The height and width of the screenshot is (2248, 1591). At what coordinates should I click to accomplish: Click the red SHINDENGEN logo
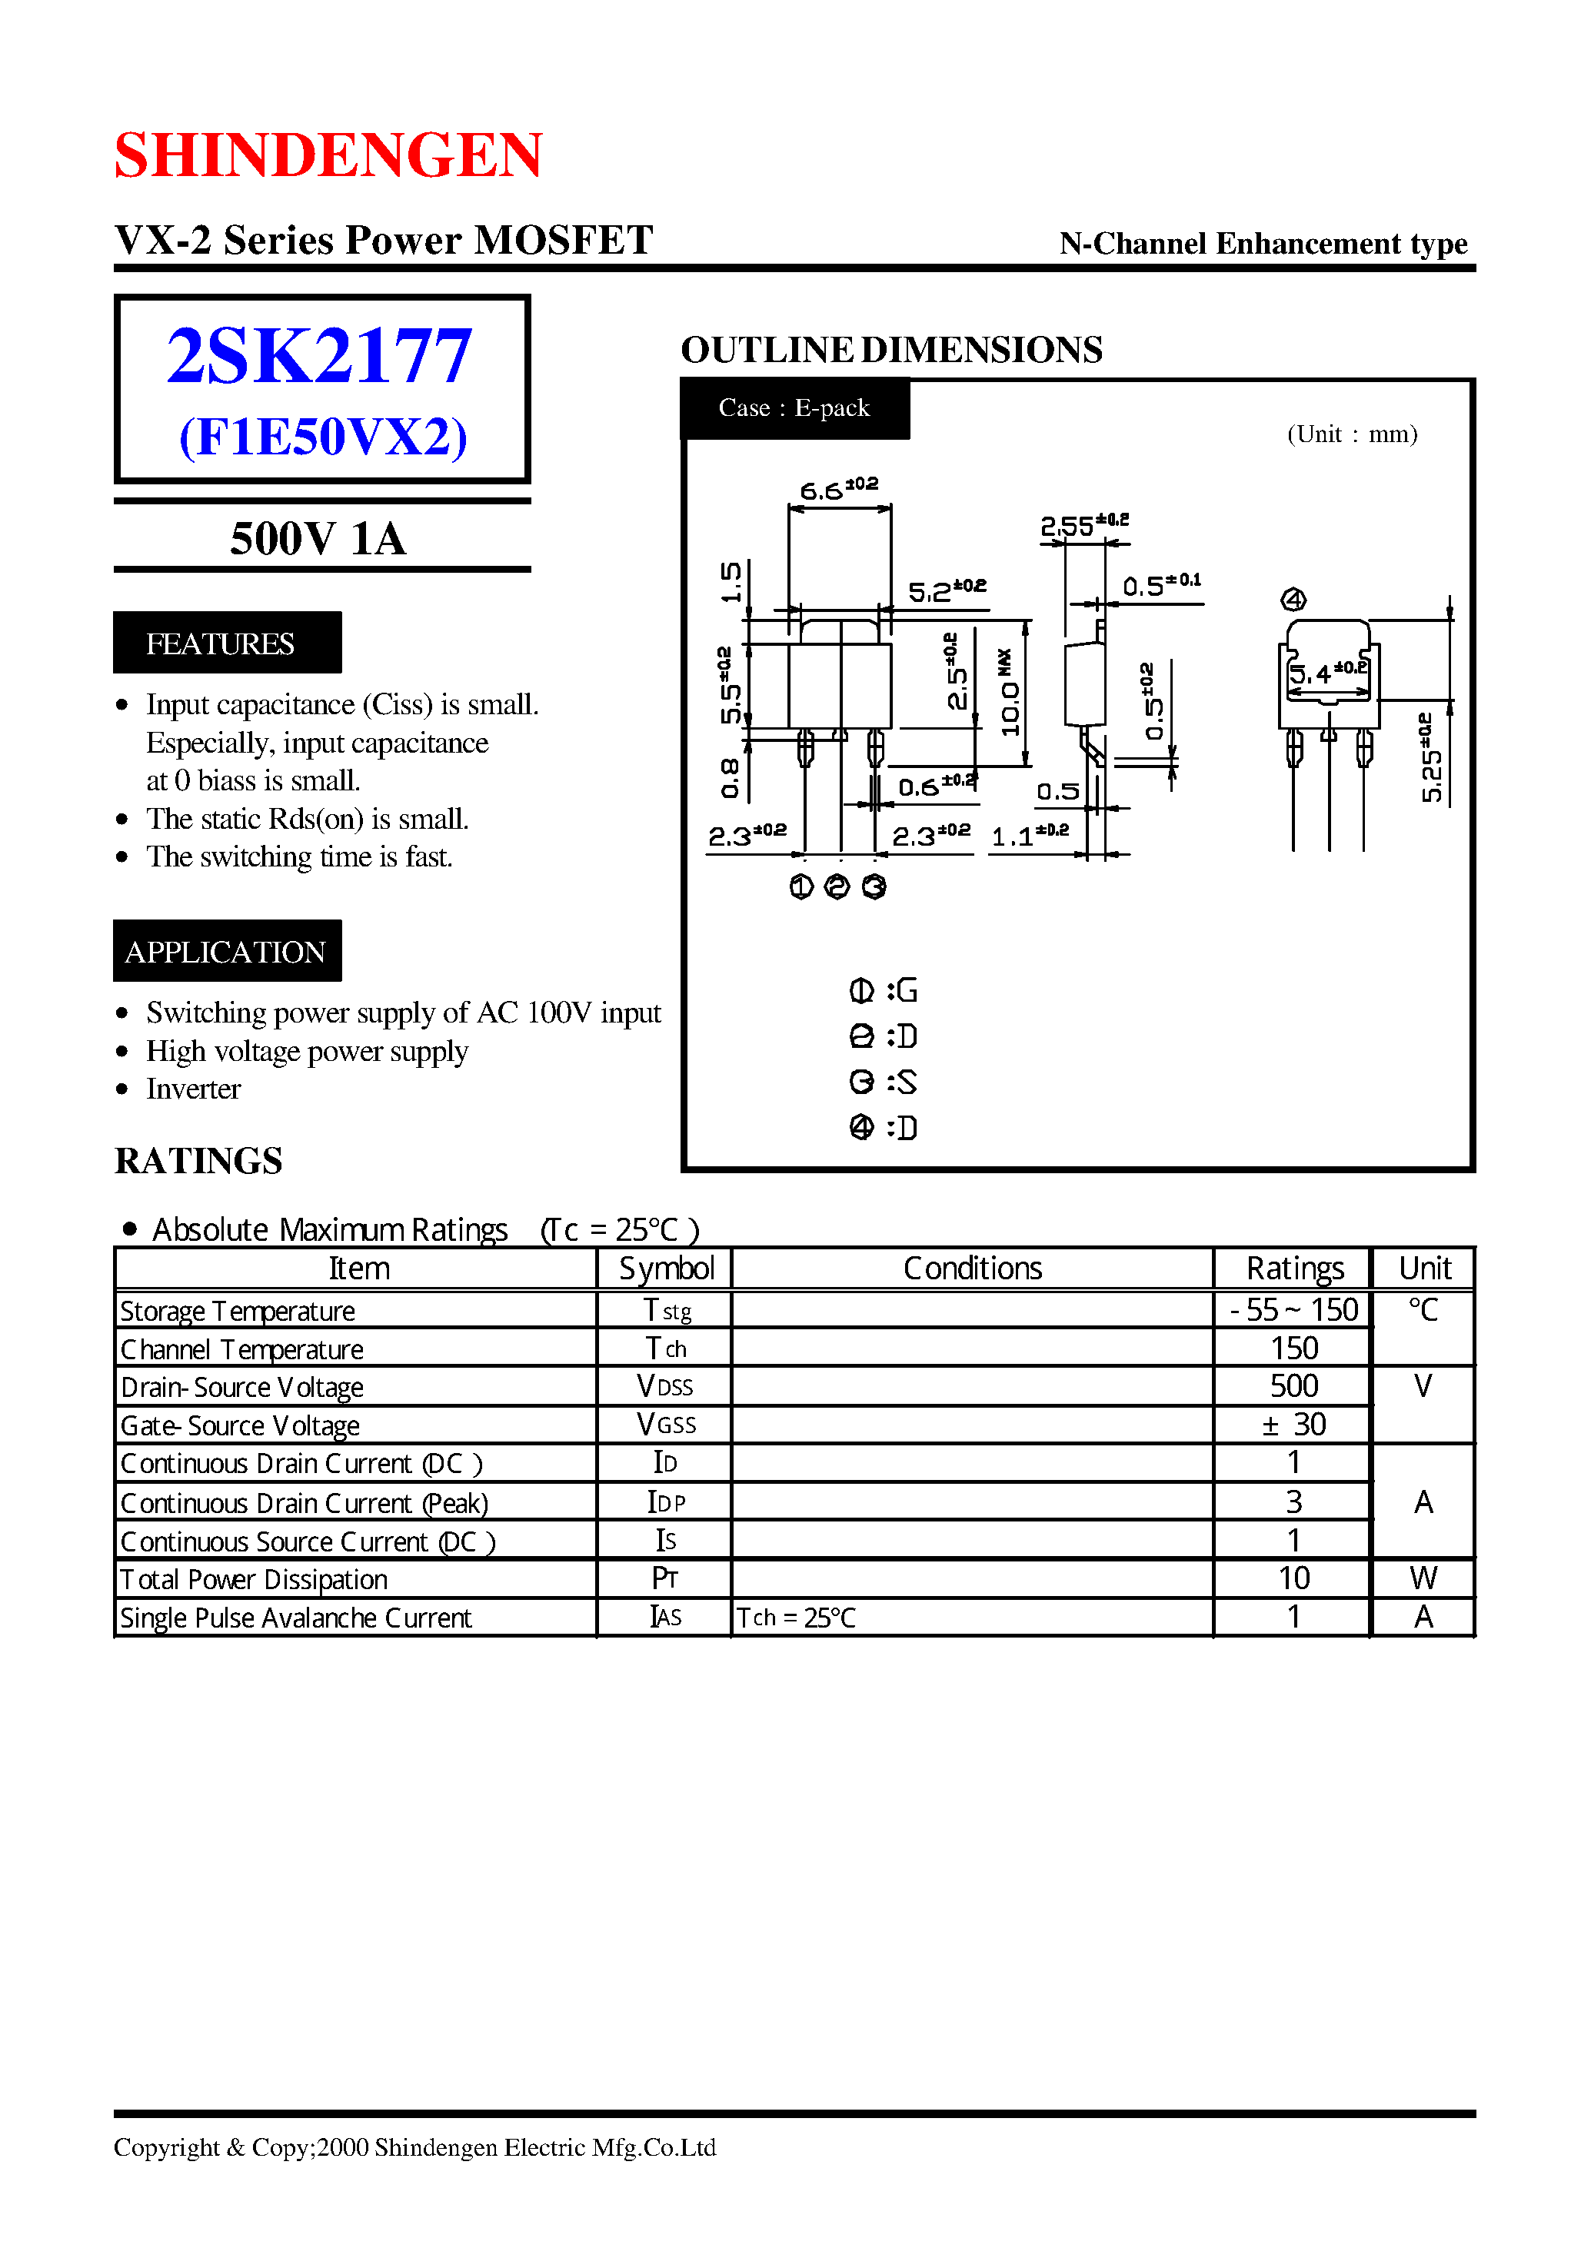click(x=328, y=155)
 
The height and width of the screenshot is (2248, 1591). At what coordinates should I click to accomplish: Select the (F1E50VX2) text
click(x=322, y=437)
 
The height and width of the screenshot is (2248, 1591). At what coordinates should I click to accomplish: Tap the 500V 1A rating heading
click(x=318, y=539)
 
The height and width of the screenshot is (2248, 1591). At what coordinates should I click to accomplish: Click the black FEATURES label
click(x=226, y=643)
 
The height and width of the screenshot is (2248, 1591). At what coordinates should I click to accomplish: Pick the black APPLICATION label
click(x=226, y=951)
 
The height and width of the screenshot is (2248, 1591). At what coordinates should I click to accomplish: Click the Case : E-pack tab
click(x=794, y=407)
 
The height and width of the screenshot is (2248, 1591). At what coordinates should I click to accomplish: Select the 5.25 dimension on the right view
click(x=1431, y=757)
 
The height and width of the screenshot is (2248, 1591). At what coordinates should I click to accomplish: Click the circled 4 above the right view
click(x=1293, y=600)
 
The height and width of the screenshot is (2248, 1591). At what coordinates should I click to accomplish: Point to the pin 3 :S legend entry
click(x=883, y=1082)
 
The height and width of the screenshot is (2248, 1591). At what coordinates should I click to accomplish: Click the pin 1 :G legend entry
click(x=883, y=990)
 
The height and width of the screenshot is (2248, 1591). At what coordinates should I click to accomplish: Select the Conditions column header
click(x=972, y=1269)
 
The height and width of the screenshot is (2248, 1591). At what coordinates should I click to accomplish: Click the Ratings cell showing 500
click(x=1293, y=1386)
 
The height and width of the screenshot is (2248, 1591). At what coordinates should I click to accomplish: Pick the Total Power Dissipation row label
click(x=255, y=1579)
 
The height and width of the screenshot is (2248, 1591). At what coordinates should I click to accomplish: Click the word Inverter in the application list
click(x=193, y=1088)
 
